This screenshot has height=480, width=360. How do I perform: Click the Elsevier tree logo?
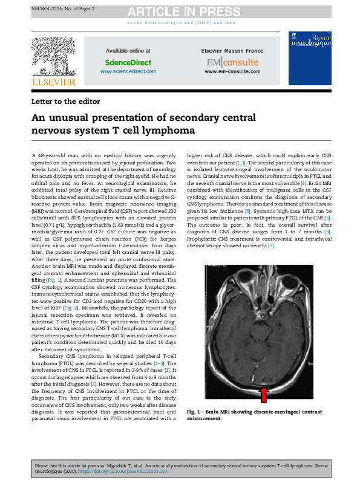pyautogui.click(x=54, y=56)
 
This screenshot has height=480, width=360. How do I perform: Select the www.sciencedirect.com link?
pyautogui.click(x=128, y=71)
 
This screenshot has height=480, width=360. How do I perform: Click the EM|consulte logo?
pyautogui.click(x=232, y=62)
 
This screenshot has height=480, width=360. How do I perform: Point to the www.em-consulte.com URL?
pyautogui.click(x=232, y=71)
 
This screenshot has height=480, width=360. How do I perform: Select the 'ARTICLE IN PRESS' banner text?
pyautogui.click(x=179, y=11)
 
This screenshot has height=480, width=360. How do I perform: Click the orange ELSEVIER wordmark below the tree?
pyautogui.click(x=54, y=82)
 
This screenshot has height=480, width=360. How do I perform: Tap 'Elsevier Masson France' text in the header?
pyautogui.click(x=232, y=51)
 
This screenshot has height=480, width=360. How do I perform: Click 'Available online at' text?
pyautogui.click(x=128, y=51)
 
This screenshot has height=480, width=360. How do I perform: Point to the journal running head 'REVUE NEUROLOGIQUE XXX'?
pyautogui.click(x=179, y=22)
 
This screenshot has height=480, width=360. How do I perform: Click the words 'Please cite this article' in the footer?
pyautogui.click(x=59, y=465)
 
